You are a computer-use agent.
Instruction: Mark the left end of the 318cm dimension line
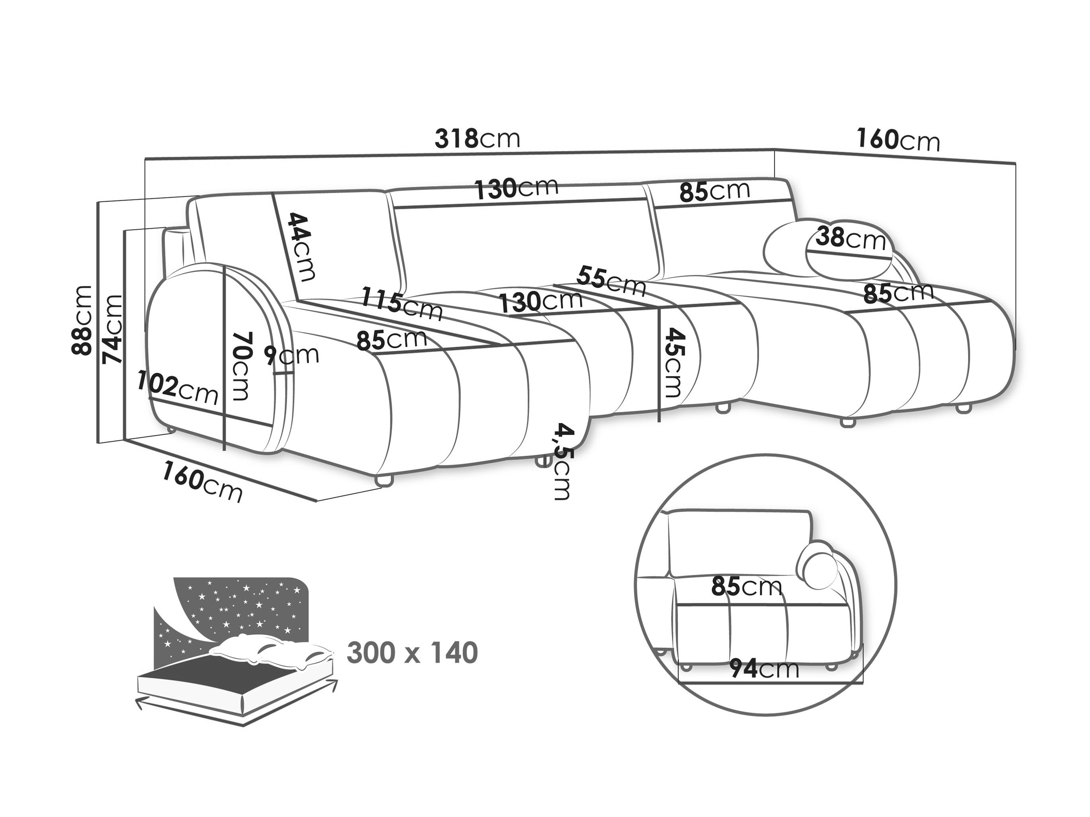(145, 159)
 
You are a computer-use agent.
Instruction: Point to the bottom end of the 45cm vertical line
(659, 422)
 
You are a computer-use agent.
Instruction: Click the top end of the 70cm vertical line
(224, 265)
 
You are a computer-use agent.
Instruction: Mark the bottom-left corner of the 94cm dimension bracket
(679, 683)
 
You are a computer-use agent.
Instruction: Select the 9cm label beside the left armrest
(291, 355)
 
